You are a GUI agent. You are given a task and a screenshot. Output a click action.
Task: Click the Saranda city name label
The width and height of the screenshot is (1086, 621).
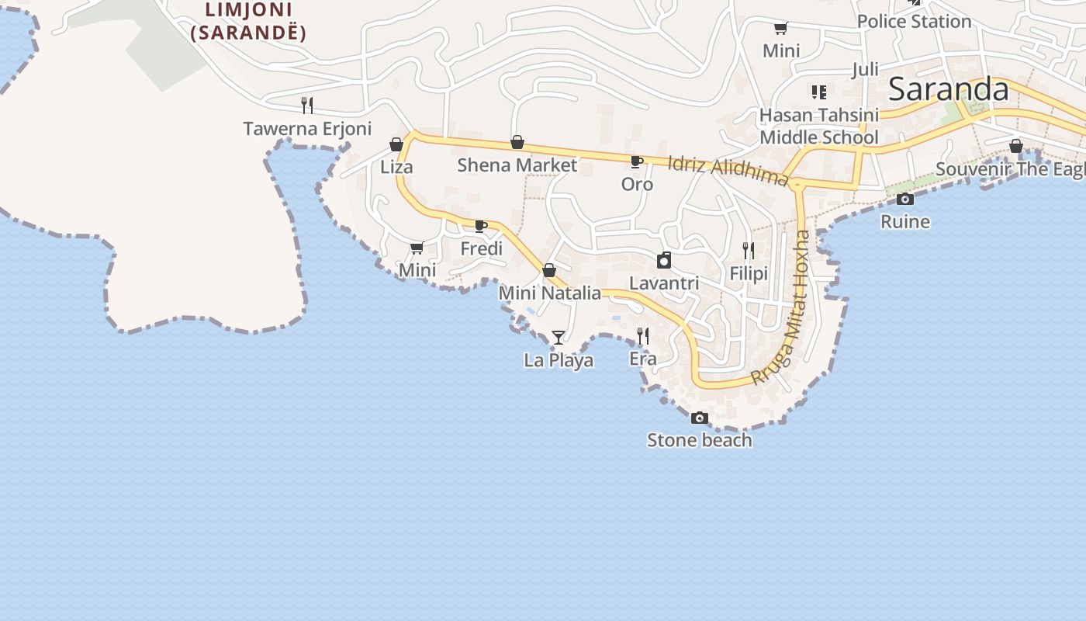click(x=948, y=89)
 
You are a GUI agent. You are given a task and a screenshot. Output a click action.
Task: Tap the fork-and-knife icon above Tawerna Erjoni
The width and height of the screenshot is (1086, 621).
click(x=307, y=105)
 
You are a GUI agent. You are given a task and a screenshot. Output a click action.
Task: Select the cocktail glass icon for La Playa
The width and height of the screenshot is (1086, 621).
click(x=558, y=337)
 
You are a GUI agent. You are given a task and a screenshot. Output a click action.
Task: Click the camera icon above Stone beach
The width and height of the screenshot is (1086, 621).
click(x=699, y=418)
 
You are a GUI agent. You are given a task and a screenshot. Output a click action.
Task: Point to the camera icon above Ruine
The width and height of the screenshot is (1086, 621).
click(x=904, y=199)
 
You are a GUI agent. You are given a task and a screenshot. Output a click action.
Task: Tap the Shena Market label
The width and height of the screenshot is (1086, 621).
click(x=517, y=165)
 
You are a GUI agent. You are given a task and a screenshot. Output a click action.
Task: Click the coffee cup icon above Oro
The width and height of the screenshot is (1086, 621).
click(x=636, y=161)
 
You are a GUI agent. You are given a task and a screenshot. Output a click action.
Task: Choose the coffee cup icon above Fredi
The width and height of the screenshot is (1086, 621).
click(x=480, y=226)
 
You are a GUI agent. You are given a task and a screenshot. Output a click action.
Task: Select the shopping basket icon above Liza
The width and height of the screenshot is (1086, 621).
click(x=396, y=144)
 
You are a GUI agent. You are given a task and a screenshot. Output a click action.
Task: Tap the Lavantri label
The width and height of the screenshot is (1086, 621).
click(x=664, y=283)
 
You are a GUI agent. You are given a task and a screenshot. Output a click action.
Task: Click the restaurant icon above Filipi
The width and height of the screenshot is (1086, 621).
click(x=749, y=250)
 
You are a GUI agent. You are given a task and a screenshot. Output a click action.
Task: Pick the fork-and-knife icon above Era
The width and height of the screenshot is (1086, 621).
click(x=643, y=335)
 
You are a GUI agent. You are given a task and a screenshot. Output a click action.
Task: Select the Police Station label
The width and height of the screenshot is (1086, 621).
click(x=914, y=21)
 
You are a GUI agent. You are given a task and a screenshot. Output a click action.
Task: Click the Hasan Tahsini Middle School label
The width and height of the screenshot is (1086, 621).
click(x=818, y=126)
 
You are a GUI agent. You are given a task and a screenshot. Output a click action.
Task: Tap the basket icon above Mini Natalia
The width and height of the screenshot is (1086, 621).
click(x=549, y=270)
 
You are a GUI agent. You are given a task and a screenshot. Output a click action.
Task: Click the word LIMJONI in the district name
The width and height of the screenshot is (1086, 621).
click(x=248, y=10)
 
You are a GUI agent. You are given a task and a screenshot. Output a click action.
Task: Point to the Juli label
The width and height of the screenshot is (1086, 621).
click(x=865, y=69)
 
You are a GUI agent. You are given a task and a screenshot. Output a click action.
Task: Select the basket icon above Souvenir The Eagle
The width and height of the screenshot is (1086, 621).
click(x=1016, y=146)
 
